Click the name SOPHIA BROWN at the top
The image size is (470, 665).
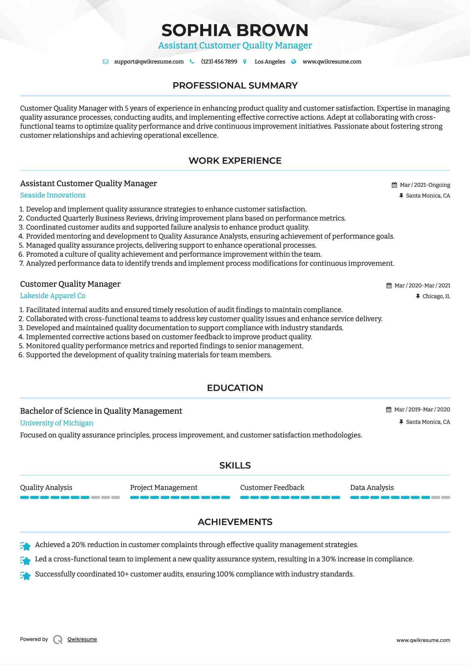pos(235,30)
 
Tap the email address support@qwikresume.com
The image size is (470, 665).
pos(149,62)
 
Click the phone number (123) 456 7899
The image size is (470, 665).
pos(219,62)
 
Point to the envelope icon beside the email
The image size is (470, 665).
pos(106,62)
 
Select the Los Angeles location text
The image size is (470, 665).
pos(270,62)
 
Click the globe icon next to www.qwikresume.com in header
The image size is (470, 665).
pos(294,62)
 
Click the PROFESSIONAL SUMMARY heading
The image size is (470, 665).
pos(235,86)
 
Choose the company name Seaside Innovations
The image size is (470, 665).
pos(53,195)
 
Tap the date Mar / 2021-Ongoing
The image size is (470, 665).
pos(425,185)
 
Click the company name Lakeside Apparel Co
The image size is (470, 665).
pos(53,296)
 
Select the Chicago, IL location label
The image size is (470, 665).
pos(436,296)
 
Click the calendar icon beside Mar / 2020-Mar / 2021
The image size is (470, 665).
pos(389,286)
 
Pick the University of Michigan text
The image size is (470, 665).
pos(56,423)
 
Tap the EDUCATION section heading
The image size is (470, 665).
pos(235,388)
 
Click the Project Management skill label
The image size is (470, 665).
pos(164,488)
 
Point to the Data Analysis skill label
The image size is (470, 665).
pos(372,488)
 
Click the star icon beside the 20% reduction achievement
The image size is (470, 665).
pos(25,546)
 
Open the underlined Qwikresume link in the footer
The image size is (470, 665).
pos(82,639)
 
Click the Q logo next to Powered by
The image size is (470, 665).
pos(58,640)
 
